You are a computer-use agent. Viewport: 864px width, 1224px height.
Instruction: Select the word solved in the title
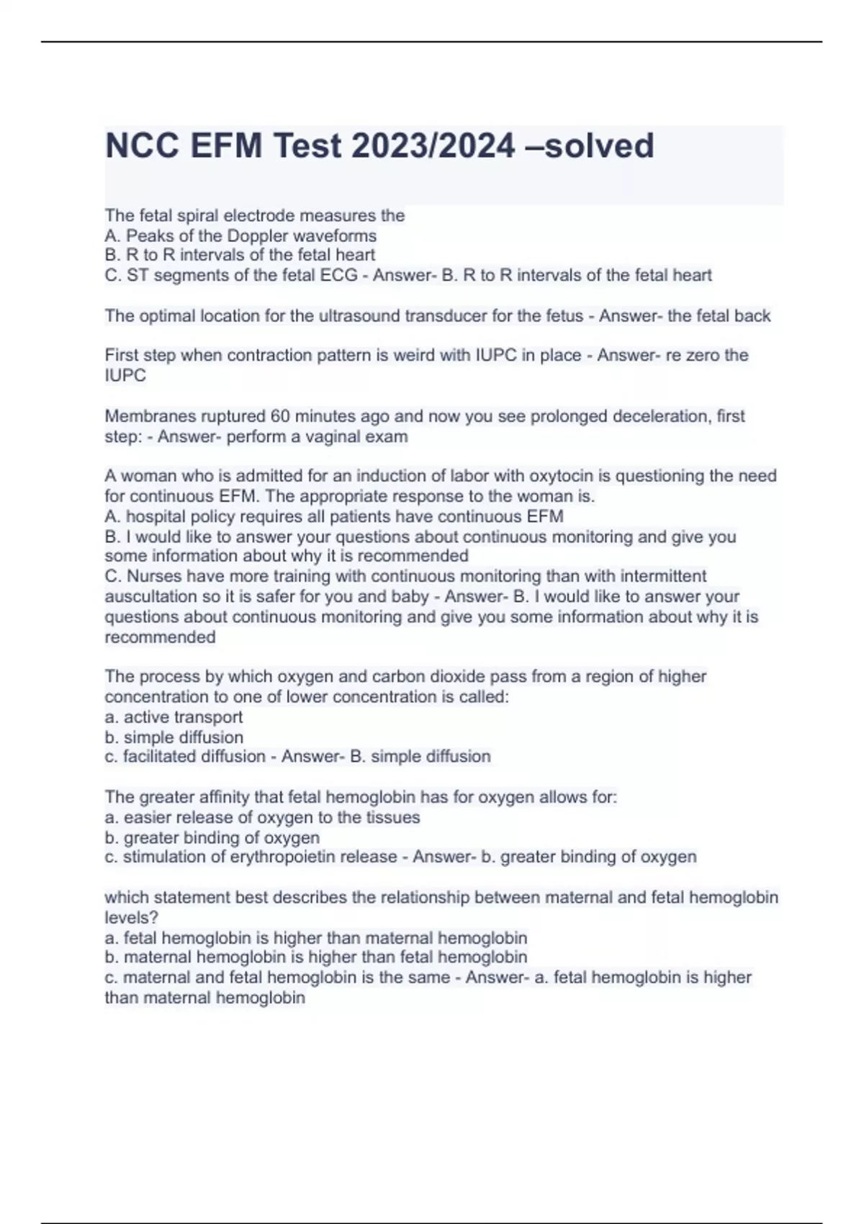click(x=599, y=146)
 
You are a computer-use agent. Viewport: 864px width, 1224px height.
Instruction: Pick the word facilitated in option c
click(x=163, y=757)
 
